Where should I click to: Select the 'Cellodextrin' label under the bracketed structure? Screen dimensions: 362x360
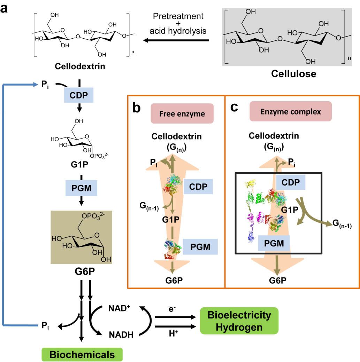[x=79, y=66]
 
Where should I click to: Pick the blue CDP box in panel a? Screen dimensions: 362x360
[x=79, y=95]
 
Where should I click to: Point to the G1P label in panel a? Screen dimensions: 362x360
[x=80, y=163]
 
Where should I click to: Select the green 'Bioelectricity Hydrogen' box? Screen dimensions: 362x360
[x=239, y=320]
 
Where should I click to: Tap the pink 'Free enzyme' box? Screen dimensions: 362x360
[x=182, y=113]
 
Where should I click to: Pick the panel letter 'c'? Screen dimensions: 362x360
[x=235, y=107]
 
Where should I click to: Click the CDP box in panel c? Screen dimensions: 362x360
[x=291, y=182]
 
